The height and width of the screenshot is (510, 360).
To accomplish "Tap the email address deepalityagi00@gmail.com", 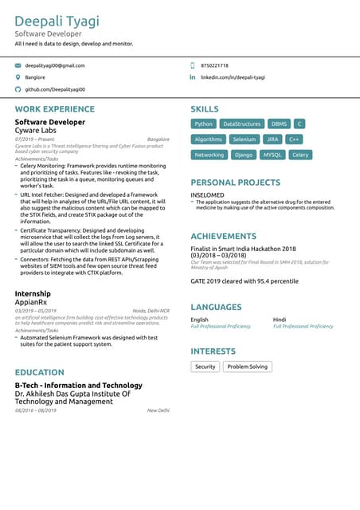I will [54, 65].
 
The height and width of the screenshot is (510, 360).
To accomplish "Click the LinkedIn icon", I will [192, 77].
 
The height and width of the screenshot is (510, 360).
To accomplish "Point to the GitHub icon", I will [18, 90].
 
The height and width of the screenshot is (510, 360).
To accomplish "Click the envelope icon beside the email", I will [18, 65].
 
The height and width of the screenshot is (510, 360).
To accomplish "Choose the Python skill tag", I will [204, 124].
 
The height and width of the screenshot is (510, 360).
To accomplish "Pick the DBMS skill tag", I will [279, 124].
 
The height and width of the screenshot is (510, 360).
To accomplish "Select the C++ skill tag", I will [295, 139].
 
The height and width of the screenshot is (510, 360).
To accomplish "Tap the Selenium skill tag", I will [245, 139].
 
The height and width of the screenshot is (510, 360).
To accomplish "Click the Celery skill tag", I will [300, 155].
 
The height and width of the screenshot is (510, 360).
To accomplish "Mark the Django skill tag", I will [245, 155].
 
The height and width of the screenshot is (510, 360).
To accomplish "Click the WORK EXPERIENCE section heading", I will [54, 109].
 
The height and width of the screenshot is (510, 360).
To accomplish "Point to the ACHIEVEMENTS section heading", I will [223, 237].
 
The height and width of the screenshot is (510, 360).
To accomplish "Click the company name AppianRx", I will [33, 302].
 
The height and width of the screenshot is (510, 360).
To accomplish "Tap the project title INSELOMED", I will [207, 194].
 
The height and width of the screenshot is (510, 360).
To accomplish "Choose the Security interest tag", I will [205, 367].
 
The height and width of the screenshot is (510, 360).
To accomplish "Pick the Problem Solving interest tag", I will [247, 367].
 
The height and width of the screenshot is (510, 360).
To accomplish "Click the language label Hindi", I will [280, 320].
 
